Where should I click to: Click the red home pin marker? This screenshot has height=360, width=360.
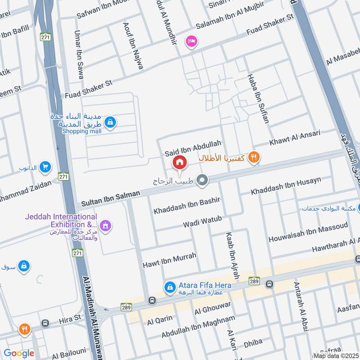180,162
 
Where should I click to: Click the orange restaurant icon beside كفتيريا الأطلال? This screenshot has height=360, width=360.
254,157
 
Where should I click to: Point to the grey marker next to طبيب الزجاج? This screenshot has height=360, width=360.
202,181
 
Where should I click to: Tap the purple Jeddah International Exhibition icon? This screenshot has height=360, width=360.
105,225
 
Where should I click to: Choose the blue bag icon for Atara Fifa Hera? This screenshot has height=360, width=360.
170,286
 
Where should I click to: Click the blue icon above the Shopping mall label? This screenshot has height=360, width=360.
110,121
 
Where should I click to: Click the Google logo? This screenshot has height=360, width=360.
19,353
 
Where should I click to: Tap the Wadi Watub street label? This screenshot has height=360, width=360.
202,221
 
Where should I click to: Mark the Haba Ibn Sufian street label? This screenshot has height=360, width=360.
257,99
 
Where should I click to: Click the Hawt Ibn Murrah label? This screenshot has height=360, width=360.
169,260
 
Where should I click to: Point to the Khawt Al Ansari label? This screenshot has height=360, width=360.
295,138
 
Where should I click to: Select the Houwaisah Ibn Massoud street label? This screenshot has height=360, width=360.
308,233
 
